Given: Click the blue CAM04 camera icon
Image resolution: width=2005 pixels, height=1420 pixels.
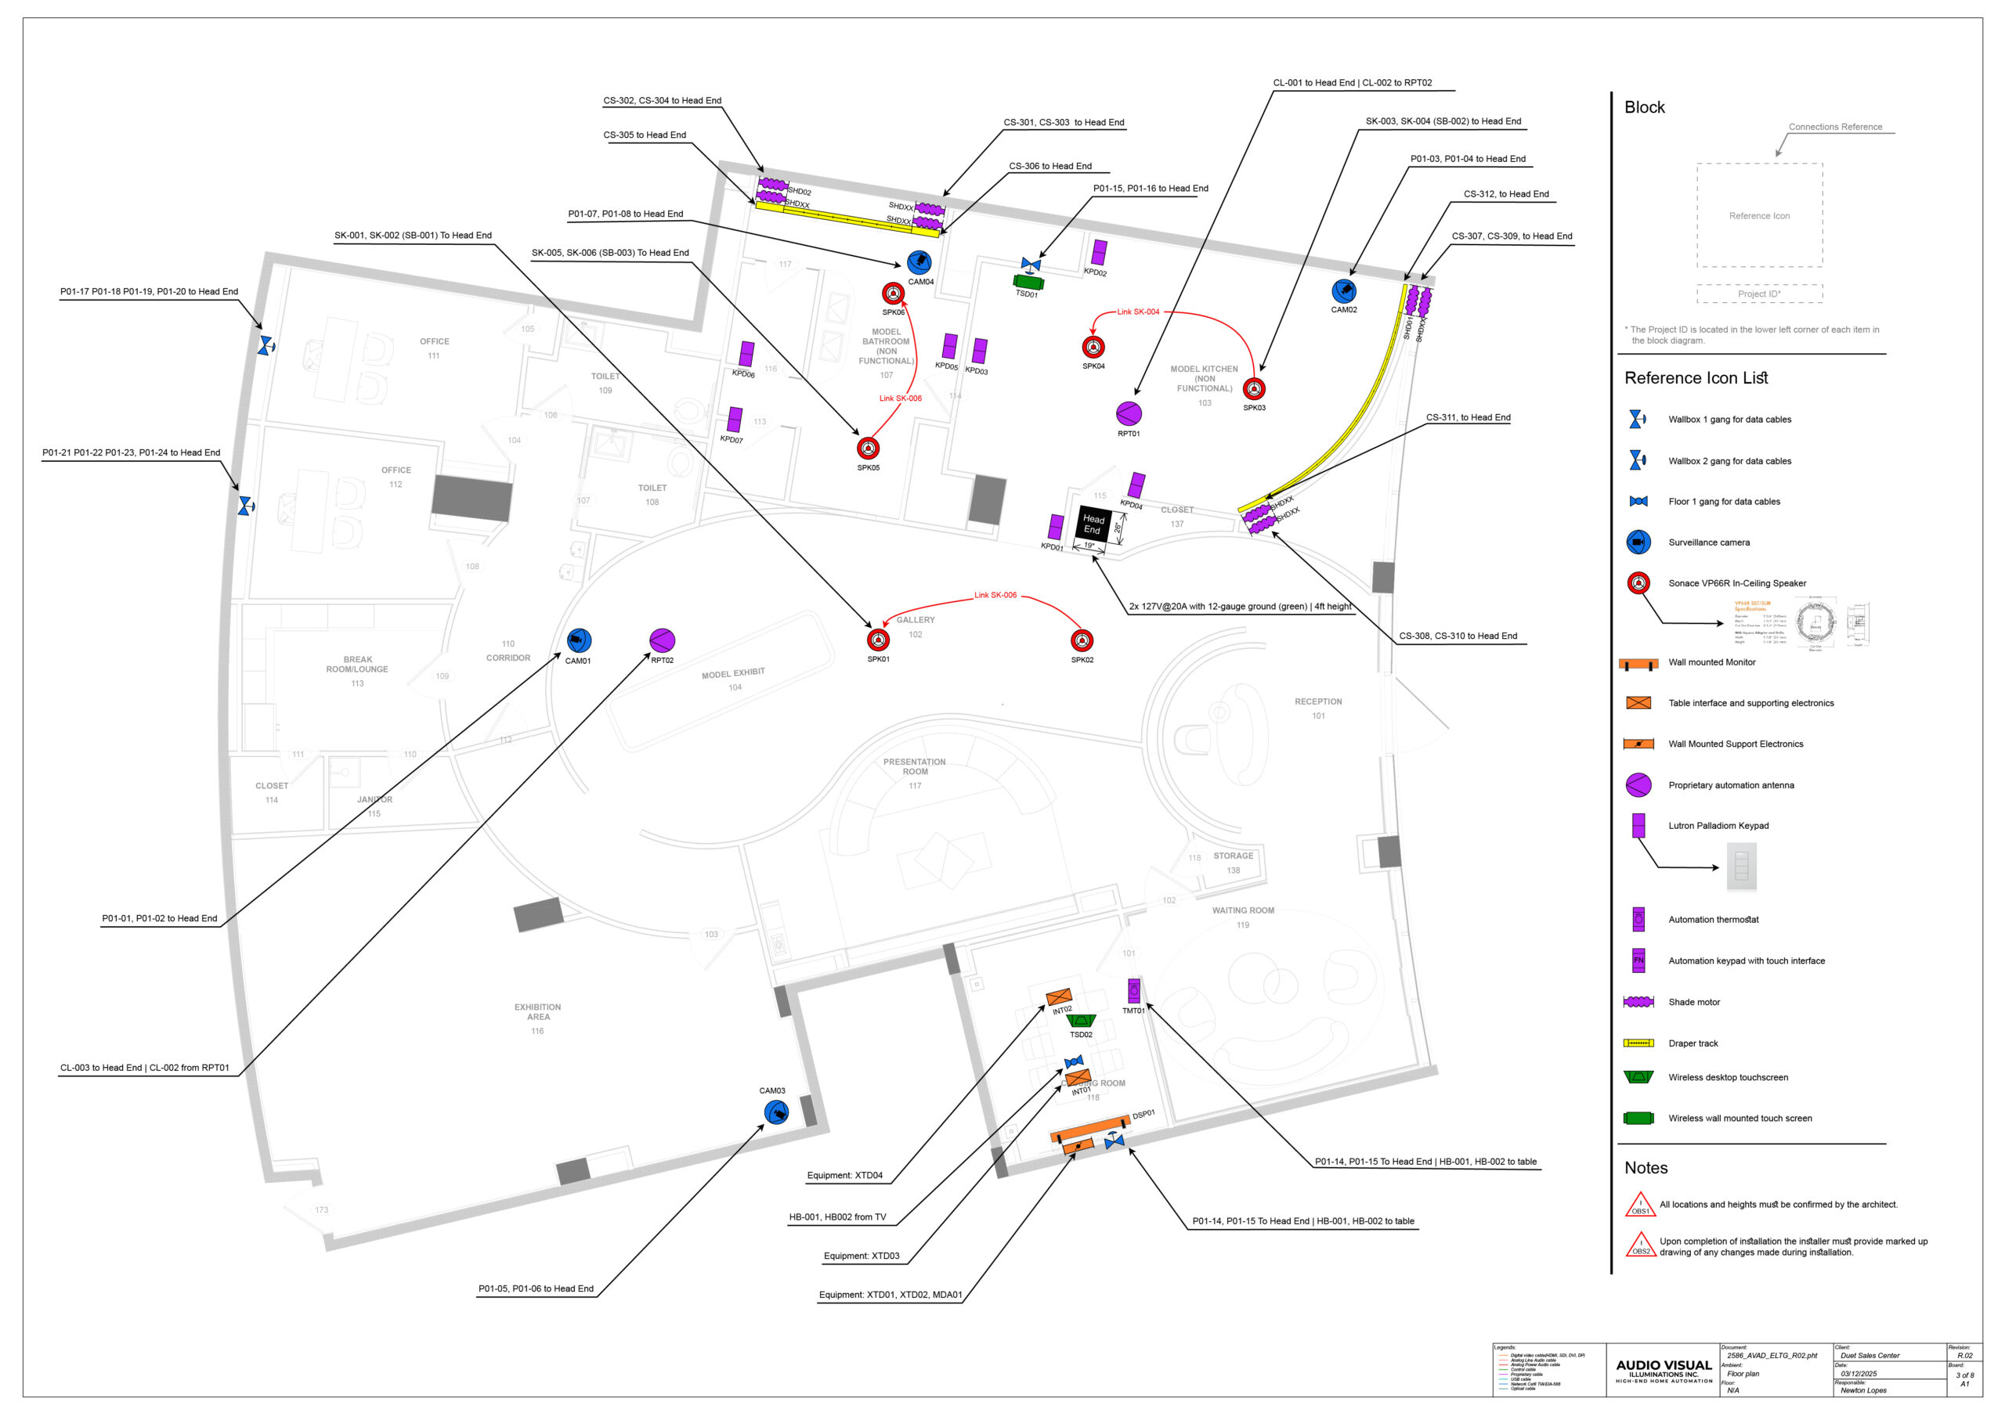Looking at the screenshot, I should click(919, 262).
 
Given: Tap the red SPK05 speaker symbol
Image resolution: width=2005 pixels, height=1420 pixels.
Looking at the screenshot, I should click(868, 449).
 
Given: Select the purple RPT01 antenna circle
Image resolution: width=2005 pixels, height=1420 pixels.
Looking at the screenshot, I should click(1129, 413).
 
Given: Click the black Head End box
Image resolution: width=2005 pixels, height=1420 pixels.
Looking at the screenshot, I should click(1093, 524).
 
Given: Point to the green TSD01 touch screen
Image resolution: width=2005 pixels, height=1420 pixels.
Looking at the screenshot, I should click(1028, 283).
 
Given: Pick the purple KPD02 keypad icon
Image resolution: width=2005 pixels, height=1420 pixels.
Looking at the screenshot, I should click(1099, 253).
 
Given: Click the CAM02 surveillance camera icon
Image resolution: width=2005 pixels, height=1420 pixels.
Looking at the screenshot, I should click(1344, 291).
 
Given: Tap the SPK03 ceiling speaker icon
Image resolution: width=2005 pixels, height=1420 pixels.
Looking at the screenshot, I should click(1254, 389).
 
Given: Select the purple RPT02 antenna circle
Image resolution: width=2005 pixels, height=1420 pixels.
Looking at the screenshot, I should click(663, 641).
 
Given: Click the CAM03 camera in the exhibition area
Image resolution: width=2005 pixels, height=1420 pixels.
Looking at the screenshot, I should click(776, 1112).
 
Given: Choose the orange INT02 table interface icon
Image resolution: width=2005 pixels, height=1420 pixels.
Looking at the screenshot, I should click(1058, 997).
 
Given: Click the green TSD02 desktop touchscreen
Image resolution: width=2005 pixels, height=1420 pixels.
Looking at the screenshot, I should click(1082, 1022).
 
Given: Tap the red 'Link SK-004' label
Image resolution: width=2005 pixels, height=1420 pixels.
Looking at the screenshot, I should click(1138, 312).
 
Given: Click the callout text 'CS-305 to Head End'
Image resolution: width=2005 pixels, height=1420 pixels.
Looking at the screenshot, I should click(645, 135).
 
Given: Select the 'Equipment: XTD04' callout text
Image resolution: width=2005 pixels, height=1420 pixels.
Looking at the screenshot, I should click(844, 1176).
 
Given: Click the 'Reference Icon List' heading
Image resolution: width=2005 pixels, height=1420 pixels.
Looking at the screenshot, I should click(1696, 379).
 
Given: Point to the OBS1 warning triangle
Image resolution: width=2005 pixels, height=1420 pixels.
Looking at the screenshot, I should click(1639, 1206).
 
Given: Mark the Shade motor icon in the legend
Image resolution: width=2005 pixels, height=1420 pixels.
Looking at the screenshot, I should click(1638, 1002).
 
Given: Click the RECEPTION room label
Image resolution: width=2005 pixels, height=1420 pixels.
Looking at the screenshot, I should click(1318, 702).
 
